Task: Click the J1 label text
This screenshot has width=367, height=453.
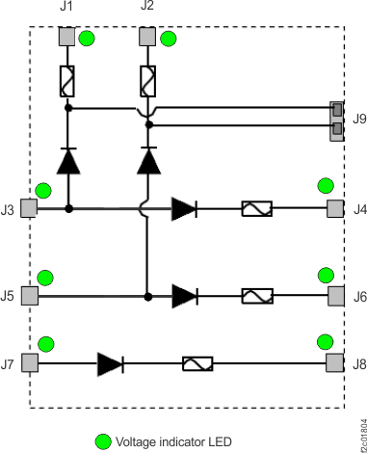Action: [66, 7]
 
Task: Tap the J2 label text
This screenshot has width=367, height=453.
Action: [147, 7]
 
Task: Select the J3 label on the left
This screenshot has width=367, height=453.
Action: [8, 209]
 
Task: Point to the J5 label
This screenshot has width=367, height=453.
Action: [8, 296]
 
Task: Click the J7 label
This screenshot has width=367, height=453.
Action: [8, 363]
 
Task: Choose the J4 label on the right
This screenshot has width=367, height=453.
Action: [359, 209]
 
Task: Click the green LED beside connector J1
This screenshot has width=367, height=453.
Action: [87, 40]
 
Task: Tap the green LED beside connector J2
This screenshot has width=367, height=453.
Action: [168, 40]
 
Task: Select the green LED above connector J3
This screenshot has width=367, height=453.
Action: [42, 191]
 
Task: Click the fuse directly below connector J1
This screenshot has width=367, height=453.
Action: [67, 80]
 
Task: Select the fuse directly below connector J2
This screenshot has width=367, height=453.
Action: [148, 80]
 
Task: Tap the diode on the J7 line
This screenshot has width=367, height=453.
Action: [111, 363]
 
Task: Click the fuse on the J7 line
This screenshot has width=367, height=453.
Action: [197, 363]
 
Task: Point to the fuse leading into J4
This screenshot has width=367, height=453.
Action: [256, 208]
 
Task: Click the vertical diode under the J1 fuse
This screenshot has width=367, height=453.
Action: [67, 161]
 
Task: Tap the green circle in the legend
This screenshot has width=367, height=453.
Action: [102, 441]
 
